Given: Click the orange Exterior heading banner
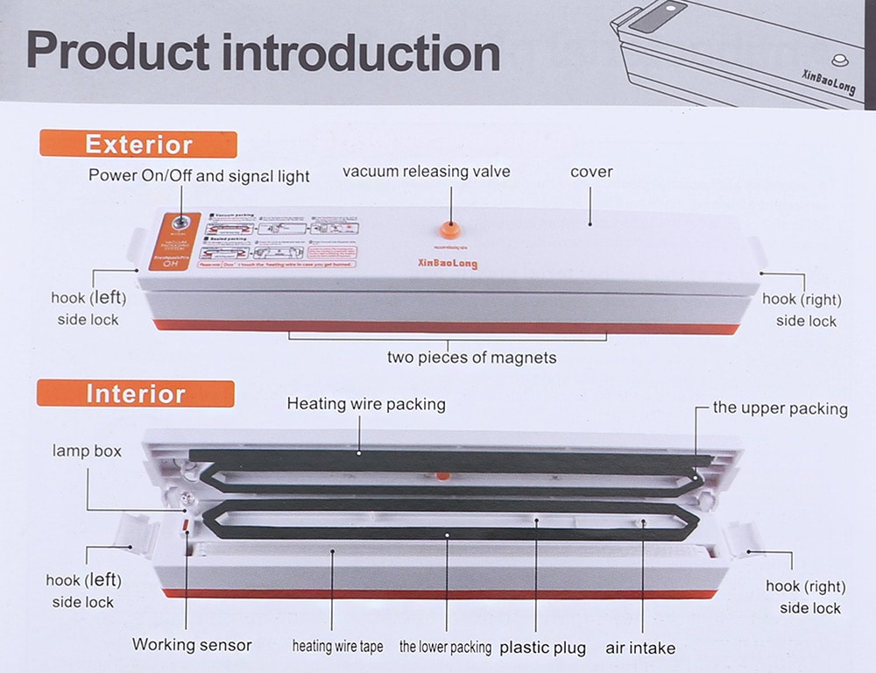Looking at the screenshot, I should tap(138, 144).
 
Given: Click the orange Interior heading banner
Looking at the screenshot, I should tap(136, 393).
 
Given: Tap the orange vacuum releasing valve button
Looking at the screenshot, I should tap(448, 230).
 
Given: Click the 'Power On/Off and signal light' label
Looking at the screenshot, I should tap(199, 176).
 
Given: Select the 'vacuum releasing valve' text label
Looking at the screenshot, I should tap(426, 172).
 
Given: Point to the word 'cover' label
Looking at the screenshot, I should tap(591, 172).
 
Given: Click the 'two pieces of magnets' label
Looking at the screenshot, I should tap(471, 358).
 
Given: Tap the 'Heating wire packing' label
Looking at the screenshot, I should tap(366, 404).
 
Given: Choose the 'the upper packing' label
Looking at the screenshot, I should tap(780, 408).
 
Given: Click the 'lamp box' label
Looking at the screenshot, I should tap(87, 451).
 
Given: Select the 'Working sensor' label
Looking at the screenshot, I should tap(192, 645).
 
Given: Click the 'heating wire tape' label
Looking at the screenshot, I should tap(337, 647).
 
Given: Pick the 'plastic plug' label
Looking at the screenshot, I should tap(542, 648).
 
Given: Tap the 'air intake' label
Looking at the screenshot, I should tap(640, 648).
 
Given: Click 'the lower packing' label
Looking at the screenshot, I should tap(445, 647).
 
